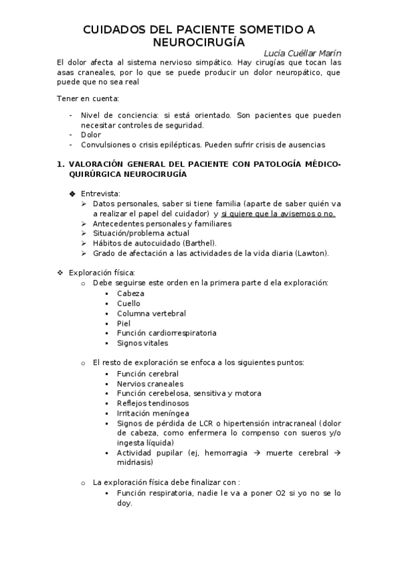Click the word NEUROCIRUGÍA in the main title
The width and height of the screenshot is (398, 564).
(x=199, y=42)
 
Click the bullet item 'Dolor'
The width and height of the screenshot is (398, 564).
(x=91, y=134)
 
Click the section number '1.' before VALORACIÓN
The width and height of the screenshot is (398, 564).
(x=60, y=164)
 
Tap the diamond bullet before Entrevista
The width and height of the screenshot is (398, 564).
(x=72, y=194)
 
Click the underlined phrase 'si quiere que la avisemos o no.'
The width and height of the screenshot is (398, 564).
(x=278, y=213)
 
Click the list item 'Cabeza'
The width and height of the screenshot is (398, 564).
(x=130, y=293)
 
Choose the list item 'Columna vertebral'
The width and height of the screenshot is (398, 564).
(x=151, y=313)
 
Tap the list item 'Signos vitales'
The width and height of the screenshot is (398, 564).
(x=142, y=343)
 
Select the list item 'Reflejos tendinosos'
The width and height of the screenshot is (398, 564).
(x=152, y=403)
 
